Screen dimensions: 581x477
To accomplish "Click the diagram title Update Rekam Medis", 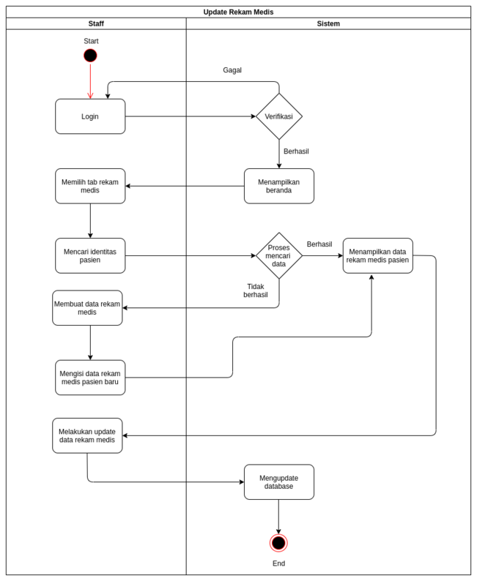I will [x=238, y=12].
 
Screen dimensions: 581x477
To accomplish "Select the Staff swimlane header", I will [x=96, y=23].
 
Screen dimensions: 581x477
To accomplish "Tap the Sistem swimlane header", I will [x=328, y=23].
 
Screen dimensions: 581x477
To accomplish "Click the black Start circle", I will [x=90, y=56].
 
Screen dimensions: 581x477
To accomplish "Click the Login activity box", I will [x=90, y=116].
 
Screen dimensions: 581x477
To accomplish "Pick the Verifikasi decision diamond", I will [x=278, y=116].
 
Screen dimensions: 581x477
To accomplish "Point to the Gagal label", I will [x=232, y=70].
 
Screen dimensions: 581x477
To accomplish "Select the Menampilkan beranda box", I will [x=278, y=186].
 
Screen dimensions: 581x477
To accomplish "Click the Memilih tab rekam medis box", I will [x=90, y=186].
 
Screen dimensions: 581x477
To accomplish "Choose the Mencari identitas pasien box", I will [x=90, y=255].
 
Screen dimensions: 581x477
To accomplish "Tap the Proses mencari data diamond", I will [x=278, y=255].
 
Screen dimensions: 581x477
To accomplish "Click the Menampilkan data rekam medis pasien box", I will [x=377, y=255].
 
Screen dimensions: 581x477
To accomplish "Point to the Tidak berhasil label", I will [x=255, y=290].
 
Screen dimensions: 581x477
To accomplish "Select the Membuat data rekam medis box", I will [x=87, y=308].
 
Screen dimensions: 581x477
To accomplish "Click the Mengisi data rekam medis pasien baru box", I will [x=90, y=378].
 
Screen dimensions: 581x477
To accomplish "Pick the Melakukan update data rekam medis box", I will [x=87, y=435].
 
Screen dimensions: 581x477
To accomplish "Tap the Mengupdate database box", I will [x=278, y=482].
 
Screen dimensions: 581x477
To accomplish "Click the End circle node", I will [x=278, y=543].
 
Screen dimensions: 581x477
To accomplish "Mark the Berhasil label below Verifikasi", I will [x=296, y=151].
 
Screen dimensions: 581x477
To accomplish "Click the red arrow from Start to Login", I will [x=90, y=80].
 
